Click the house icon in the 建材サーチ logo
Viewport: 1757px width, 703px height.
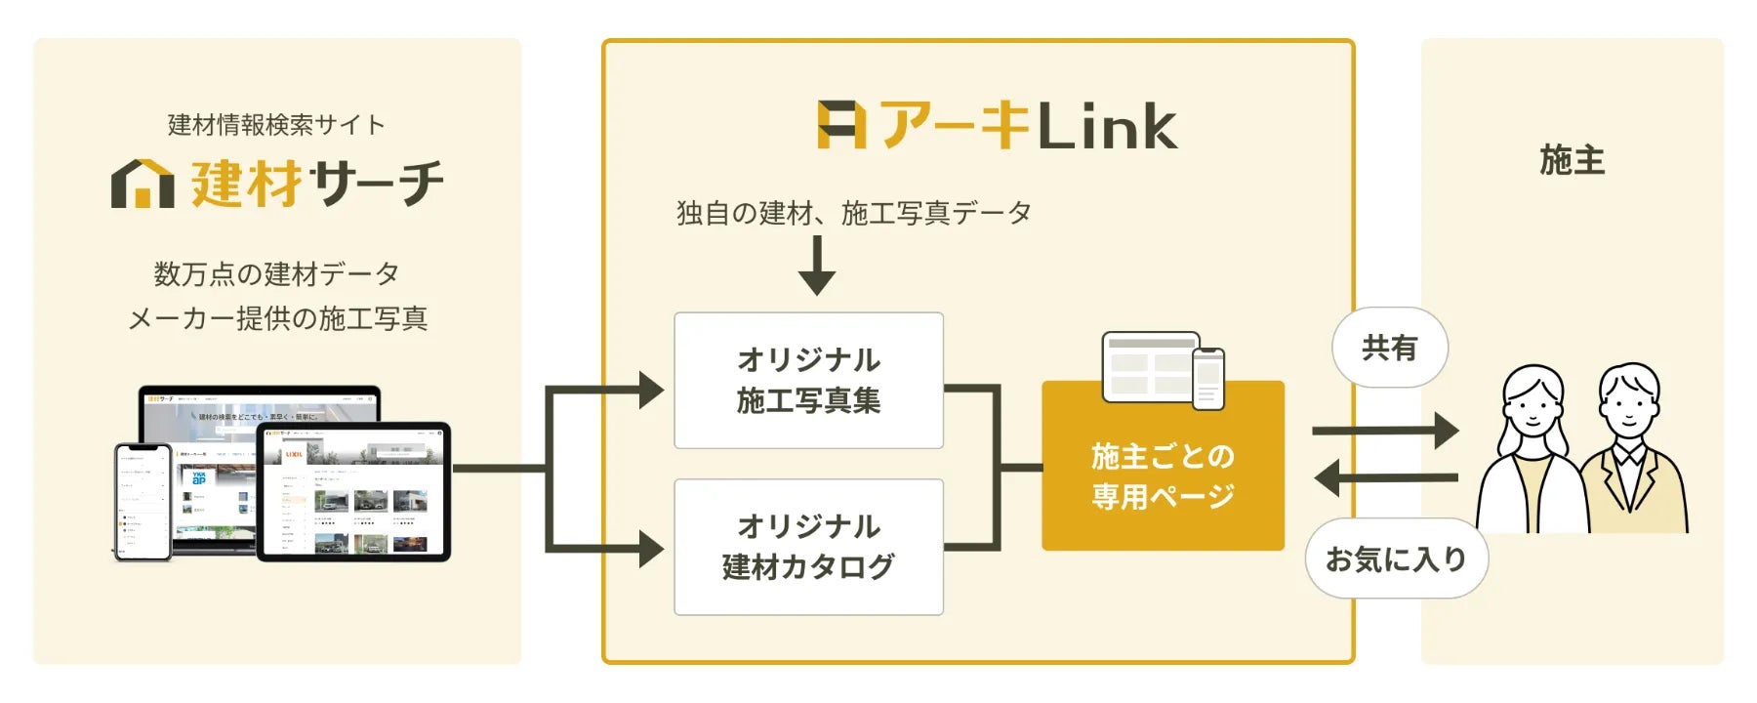click(143, 184)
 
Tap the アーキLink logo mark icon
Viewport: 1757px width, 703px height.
click(841, 126)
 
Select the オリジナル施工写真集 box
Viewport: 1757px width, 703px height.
click(808, 380)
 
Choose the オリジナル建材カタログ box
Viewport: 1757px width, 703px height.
click(808, 546)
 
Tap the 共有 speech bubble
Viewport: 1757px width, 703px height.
click(1389, 348)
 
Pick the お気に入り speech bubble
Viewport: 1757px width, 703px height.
click(1396, 558)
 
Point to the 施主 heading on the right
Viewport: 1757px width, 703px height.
click(1572, 159)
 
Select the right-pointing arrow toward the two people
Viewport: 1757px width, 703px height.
click(1386, 430)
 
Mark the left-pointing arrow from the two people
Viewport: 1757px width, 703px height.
click(1386, 478)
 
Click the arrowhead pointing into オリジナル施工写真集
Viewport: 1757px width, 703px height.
click(651, 391)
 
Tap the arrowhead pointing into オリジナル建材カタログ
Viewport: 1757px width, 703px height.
click(651, 549)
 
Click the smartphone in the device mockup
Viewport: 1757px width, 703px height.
click(143, 502)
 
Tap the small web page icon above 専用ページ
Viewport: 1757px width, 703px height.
click(1163, 369)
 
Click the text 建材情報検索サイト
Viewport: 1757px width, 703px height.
click(276, 125)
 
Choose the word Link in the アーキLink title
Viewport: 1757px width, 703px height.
click(1107, 127)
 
